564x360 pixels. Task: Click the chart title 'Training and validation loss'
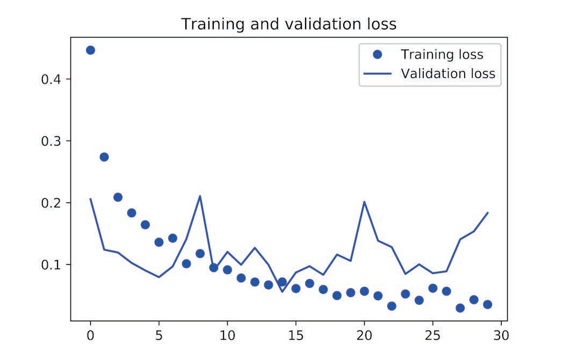click(288, 24)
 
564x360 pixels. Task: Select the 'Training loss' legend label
click(442, 54)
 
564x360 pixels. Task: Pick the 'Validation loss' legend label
click(448, 74)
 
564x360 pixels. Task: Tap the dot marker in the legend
click(377, 54)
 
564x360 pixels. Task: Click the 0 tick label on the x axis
click(90, 336)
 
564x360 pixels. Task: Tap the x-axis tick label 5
click(159, 336)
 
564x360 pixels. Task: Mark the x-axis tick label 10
click(227, 336)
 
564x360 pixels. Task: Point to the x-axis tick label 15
click(296, 336)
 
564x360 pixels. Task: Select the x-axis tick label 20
click(364, 336)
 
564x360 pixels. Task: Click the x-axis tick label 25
click(433, 336)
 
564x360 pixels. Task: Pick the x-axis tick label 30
click(501, 336)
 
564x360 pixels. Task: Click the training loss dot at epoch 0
click(90, 50)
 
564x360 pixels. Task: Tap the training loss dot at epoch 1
click(104, 157)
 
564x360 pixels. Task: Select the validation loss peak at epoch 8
click(200, 196)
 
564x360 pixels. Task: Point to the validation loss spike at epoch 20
click(364, 202)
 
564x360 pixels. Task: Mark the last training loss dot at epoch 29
click(488, 304)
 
